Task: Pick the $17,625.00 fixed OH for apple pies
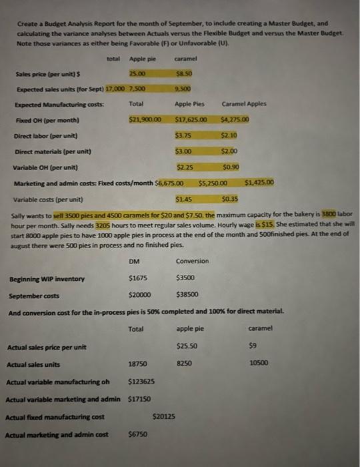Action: coord(191,120)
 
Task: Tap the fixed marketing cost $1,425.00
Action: coord(259,181)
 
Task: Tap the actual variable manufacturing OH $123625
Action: coord(141,382)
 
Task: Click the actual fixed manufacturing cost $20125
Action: coord(164,416)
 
